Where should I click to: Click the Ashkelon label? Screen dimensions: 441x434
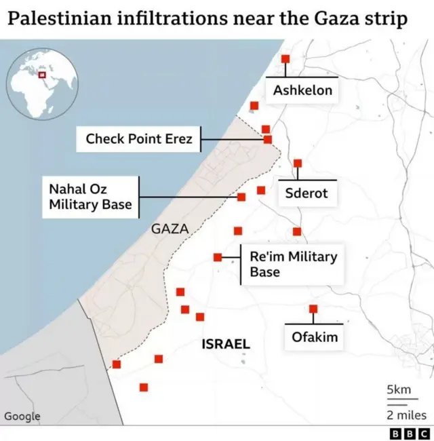coord(302,90)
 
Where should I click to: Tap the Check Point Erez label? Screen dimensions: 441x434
coord(139,139)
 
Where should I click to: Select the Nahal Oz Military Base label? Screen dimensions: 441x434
coord(88,197)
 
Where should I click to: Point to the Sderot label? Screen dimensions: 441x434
coord(306,193)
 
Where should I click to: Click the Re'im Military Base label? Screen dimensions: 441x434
coord(293,264)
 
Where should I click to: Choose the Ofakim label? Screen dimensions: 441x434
coord(314,337)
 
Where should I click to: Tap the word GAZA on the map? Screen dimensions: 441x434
coord(169,229)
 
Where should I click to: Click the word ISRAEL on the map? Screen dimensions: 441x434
coord(226,345)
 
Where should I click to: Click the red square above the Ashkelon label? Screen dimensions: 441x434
coord(285,59)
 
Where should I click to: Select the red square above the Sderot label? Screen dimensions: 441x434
coord(298,164)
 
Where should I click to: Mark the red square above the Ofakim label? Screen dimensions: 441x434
coord(313,309)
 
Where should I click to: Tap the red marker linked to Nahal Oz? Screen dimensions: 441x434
coord(241,197)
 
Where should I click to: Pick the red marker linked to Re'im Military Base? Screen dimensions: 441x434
coord(218,257)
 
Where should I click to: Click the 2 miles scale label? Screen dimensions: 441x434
coord(406,415)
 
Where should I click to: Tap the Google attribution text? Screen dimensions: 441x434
coord(22,416)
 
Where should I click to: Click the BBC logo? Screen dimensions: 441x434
coord(410,433)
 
